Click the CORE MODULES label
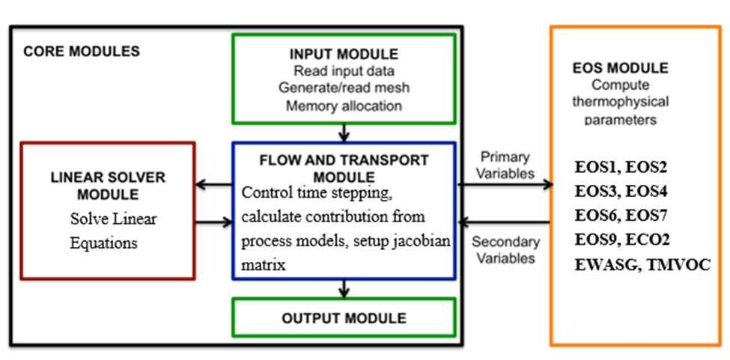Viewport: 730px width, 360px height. [x=82, y=52]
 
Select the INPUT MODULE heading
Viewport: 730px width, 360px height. [x=344, y=55]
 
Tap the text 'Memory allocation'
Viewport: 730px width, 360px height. [x=344, y=106]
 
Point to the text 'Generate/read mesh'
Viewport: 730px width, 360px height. [x=344, y=88]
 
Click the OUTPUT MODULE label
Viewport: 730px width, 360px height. [x=344, y=318]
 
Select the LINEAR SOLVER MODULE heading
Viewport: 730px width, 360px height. [x=108, y=186]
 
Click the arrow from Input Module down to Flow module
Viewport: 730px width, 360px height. [x=344, y=132]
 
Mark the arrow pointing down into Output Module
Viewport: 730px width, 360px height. [x=344, y=288]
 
